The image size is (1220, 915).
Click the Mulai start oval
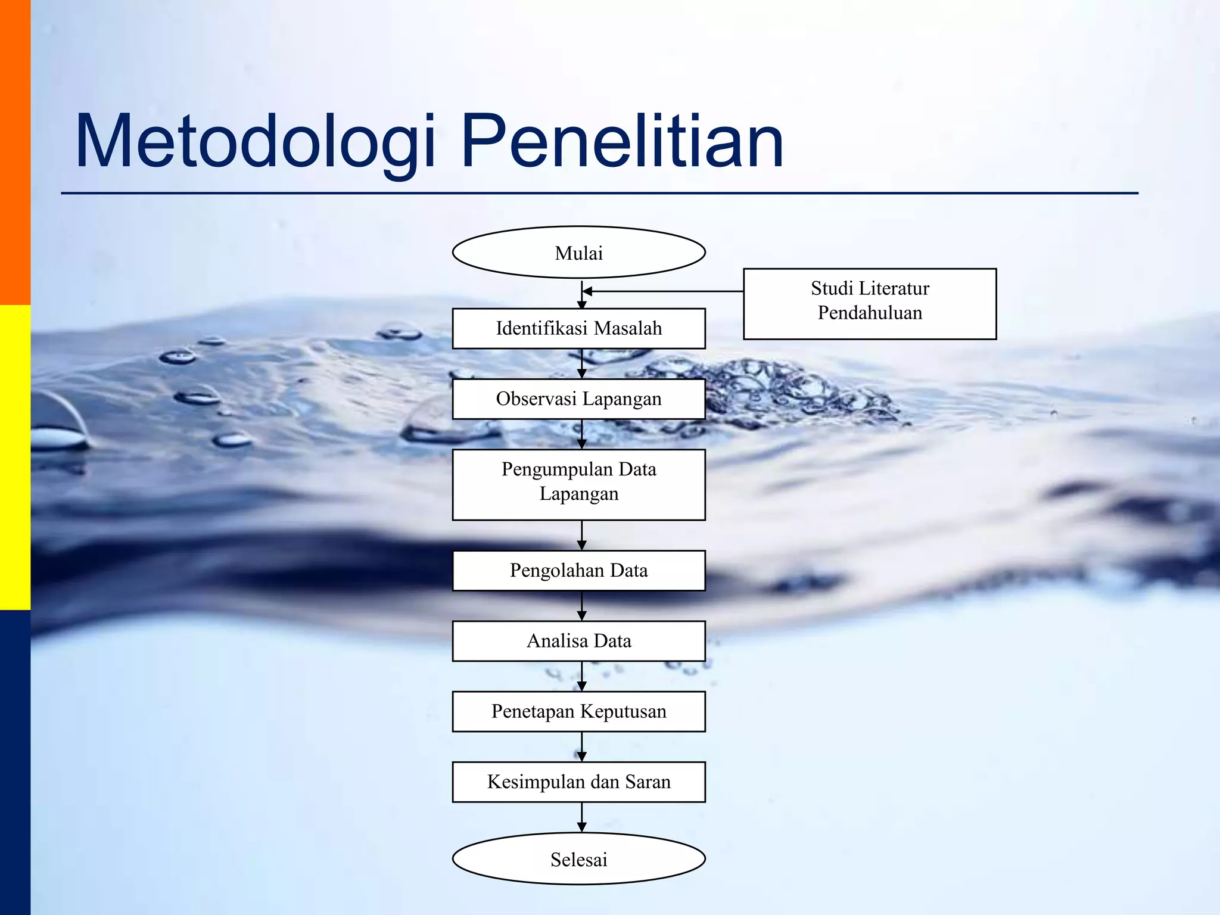point(578,253)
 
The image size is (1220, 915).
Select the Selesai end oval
point(578,858)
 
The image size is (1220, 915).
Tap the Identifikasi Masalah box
point(578,328)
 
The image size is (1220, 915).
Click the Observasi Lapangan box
point(578,399)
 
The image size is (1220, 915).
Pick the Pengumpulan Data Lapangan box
point(578,484)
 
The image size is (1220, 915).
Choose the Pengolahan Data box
point(578,570)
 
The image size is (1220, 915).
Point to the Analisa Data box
point(578,641)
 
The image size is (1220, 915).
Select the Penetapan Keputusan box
point(578,711)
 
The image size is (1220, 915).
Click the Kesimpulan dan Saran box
point(578,782)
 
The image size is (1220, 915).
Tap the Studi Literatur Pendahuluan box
point(870,304)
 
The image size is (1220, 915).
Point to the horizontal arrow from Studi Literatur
point(661,291)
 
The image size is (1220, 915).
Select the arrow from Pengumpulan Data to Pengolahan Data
point(582,535)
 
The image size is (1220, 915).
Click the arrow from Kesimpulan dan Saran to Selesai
point(582,817)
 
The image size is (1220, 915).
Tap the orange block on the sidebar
point(15,152)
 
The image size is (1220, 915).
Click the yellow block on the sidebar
point(15,457)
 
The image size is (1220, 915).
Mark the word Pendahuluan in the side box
point(870,313)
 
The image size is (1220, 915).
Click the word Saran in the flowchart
point(648,782)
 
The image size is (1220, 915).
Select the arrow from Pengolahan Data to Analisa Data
point(582,606)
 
